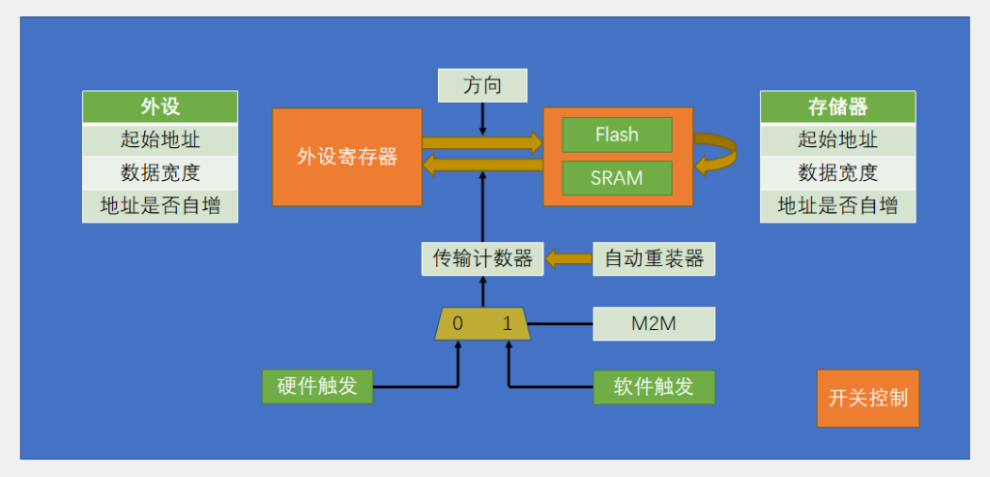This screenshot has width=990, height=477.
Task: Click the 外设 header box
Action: tap(160, 106)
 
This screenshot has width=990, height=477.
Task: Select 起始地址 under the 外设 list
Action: tap(160, 139)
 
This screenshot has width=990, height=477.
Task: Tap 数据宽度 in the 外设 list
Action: tap(160, 172)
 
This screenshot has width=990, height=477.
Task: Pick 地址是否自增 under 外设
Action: tap(160, 205)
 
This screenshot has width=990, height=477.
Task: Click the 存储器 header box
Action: tap(837, 106)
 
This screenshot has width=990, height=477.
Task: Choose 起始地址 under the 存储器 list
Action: tap(837, 139)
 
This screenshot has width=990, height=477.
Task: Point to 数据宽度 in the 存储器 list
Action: tap(837, 172)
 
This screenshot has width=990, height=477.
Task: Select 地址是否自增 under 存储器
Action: tap(837, 205)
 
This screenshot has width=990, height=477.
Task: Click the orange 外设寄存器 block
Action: tap(347, 157)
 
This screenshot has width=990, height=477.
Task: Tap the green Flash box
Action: tap(617, 134)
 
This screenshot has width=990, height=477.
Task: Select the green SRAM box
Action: tap(617, 179)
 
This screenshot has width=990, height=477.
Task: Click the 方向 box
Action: tap(482, 85)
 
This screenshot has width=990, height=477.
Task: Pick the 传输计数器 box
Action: tap(482, 259)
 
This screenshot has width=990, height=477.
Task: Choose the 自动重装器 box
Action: tap(654, 259)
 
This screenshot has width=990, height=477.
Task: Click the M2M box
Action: tap(654, 323)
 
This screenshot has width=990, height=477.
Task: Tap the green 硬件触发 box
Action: tap(317, 386)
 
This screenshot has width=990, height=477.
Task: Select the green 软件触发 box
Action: tap(654, 386)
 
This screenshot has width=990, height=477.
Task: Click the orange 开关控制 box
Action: tap(867, 398)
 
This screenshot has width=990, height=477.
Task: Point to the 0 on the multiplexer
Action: tap(457, 324)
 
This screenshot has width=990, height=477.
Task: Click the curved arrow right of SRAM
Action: tap(716, 155)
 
